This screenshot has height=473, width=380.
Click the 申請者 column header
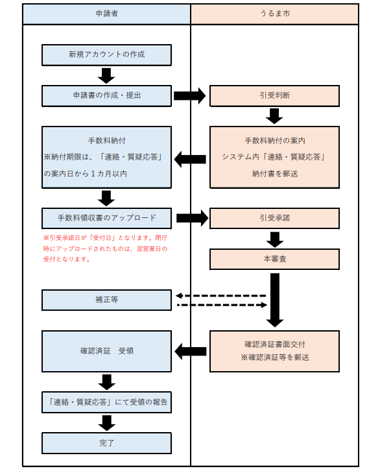(106, 14)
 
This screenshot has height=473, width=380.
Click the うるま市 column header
(274, 14)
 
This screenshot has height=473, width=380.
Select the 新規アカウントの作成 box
(106, 55)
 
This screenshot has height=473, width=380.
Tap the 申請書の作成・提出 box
(106, 95)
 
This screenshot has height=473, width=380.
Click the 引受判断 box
(274, 95)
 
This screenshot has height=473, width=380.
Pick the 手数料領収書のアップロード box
(106, 218)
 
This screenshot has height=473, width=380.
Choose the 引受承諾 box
(274, 218)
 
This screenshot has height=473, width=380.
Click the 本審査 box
(274, 259)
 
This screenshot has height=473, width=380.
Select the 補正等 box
(106, 300)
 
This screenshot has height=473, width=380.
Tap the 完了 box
(106, 443)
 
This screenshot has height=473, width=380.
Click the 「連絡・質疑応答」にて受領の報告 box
(106, 402)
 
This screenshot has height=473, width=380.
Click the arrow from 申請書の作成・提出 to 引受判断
(190, 96)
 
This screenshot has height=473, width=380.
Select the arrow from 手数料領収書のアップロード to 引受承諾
(190, 218)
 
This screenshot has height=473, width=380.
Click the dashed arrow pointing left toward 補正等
(220, 295)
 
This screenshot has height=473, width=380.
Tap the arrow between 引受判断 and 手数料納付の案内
(274, 115)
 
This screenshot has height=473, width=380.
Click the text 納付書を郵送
(274, 173)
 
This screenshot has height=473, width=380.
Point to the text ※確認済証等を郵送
(274, 358)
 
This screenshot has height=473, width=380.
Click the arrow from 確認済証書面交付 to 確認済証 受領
(190, 351)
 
